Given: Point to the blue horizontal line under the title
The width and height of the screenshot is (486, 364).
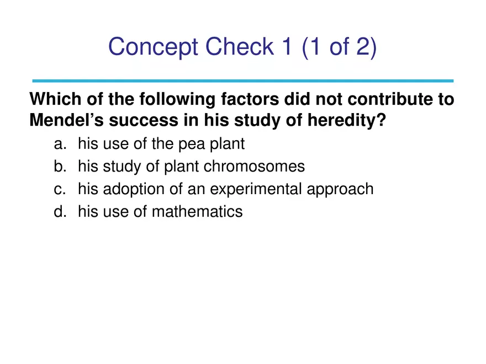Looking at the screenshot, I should pos(243,81).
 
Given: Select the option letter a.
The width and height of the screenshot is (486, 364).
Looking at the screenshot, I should pos(60,144).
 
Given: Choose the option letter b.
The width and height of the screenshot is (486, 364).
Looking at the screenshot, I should pos(60,167).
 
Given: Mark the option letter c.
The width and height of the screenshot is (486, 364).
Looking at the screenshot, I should pos(60,189).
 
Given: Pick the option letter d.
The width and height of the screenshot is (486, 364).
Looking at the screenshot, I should pos(60,211).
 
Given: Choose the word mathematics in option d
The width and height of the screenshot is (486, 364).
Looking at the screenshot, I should pos(197,211).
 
